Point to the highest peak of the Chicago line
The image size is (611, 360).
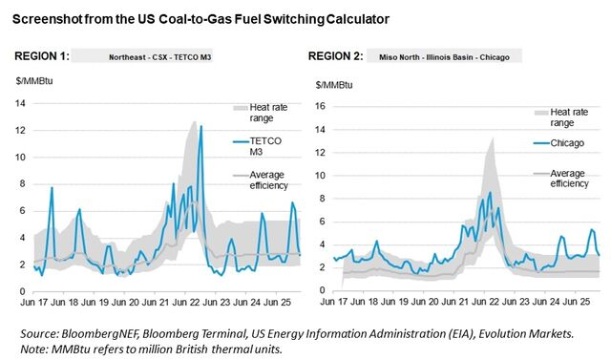tap(490, 192)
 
